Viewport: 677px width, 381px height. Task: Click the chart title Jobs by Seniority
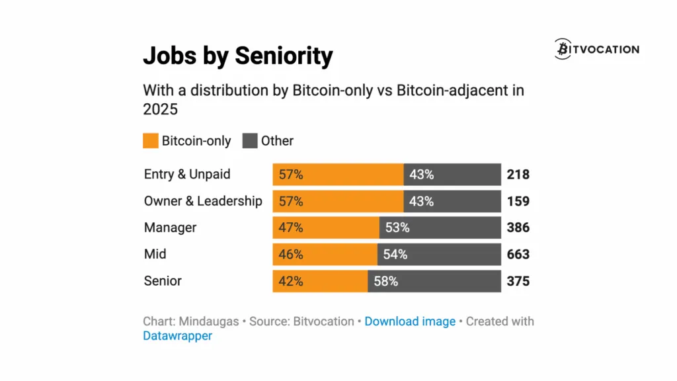[238, 57]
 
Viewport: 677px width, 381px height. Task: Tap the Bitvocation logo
[597, 49]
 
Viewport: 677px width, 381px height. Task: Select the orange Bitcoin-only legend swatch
[151, 141]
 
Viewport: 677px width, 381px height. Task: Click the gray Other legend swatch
[250, 141]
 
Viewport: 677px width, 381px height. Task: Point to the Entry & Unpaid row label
[187, 175]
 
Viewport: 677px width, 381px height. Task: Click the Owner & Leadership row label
[203, 201]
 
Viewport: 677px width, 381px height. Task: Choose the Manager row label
[170, 228]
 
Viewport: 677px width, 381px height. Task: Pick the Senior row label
[163, 280]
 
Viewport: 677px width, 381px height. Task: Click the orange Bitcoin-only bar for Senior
[320, 281]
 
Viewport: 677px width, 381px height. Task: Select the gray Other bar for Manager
[440, 228]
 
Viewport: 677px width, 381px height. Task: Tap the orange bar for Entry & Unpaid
[338, 175]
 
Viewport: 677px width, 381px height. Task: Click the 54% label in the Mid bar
[395, 255]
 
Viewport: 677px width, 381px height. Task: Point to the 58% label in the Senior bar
[385, 281]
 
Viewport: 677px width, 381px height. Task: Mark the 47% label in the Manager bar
[291, 228]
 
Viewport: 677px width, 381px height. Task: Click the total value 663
[518, 255]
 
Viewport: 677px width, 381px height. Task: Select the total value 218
[518, 175]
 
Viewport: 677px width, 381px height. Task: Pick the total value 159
[518, 201]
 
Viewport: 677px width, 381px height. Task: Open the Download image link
[410, 321]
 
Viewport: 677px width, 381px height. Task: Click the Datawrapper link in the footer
[177, 336]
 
